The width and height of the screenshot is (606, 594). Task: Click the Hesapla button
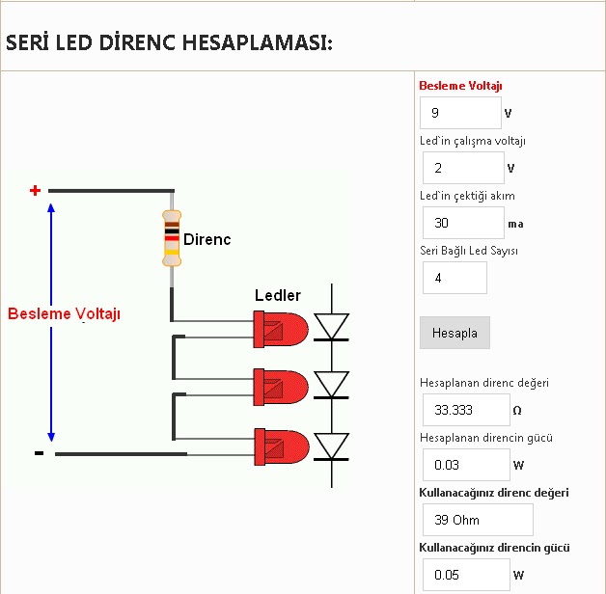point(454,333)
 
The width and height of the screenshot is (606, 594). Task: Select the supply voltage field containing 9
point(460,113)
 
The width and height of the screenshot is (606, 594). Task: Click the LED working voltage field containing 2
point(463,168)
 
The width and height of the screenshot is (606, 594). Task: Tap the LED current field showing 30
point(463,223)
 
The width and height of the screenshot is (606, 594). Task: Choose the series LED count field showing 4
point(454,278)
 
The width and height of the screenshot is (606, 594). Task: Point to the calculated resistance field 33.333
point(466,410)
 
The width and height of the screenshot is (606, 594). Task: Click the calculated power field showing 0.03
point(466,465)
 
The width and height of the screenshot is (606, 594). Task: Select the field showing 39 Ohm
point(478,520)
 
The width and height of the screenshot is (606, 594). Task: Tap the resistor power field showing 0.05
point(466,575)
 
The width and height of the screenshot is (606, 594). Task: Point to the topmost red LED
point(280,328)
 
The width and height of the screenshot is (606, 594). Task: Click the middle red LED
point(280,386)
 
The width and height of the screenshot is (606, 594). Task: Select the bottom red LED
point(280,445)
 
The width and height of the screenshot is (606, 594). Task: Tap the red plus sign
point(36,190)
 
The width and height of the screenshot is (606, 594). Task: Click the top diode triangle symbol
point(333,326)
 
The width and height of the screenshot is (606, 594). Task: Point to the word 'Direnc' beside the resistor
point(207,239)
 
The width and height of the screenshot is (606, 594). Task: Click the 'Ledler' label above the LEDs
point(278,295)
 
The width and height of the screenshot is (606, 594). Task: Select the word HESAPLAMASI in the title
point(258,43)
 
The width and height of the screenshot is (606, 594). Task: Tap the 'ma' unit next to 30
point(515,224)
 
